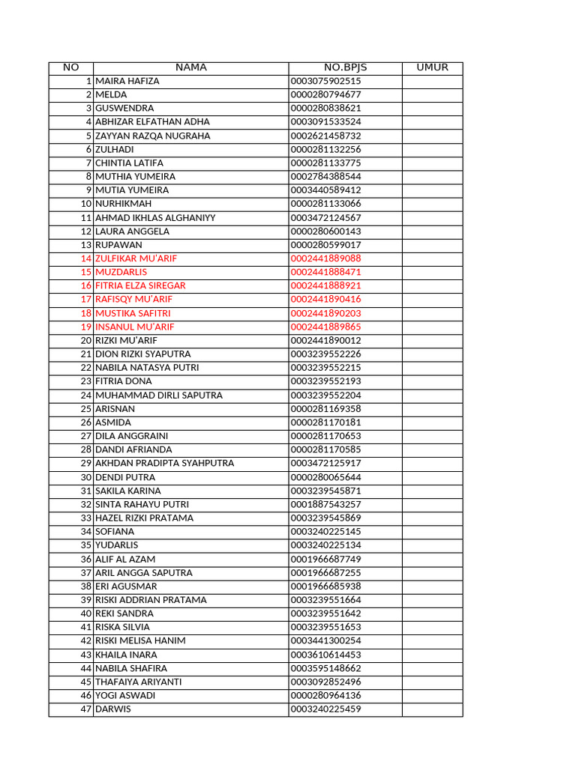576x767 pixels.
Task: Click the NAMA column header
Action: click(190, 67)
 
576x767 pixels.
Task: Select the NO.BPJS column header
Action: click(345, 67)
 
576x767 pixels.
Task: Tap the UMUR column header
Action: click(432, 67)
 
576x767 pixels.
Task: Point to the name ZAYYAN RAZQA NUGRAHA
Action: click(153, 136)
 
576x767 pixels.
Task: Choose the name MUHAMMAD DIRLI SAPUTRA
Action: click(159, 395)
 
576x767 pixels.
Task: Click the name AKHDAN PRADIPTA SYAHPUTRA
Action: click(164, 463)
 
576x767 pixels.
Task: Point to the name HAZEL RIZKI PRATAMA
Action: click(144, 518)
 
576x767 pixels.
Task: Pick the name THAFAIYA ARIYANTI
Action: click(138, 682)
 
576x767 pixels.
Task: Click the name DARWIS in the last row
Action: click(112, 709)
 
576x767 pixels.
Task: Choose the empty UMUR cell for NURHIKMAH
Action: click(432, 204)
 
